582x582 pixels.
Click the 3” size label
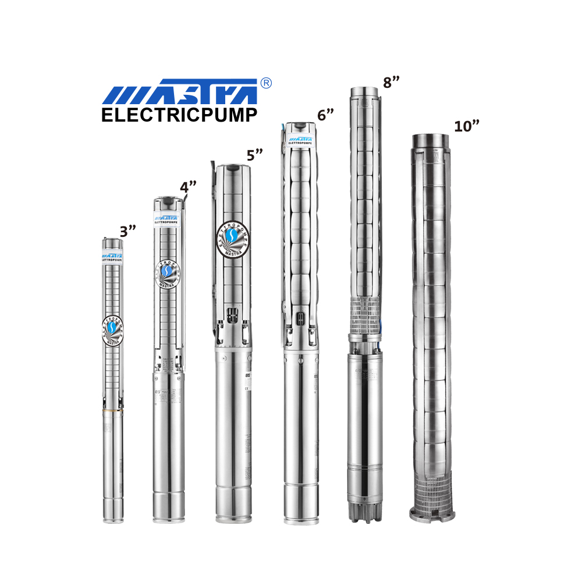(127, 231)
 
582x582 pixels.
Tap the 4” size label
(187, 188)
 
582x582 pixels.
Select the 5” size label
(255, 155)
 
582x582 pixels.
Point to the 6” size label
(325, 115)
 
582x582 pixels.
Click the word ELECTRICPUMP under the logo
(179, 115)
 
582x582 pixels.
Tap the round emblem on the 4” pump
(168, 272)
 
